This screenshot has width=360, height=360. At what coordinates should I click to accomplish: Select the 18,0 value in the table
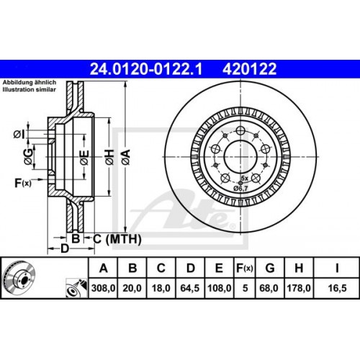coord(161,289)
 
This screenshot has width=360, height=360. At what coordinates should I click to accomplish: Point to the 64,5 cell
coord(189,289)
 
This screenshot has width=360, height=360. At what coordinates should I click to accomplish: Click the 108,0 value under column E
coord(217,289)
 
